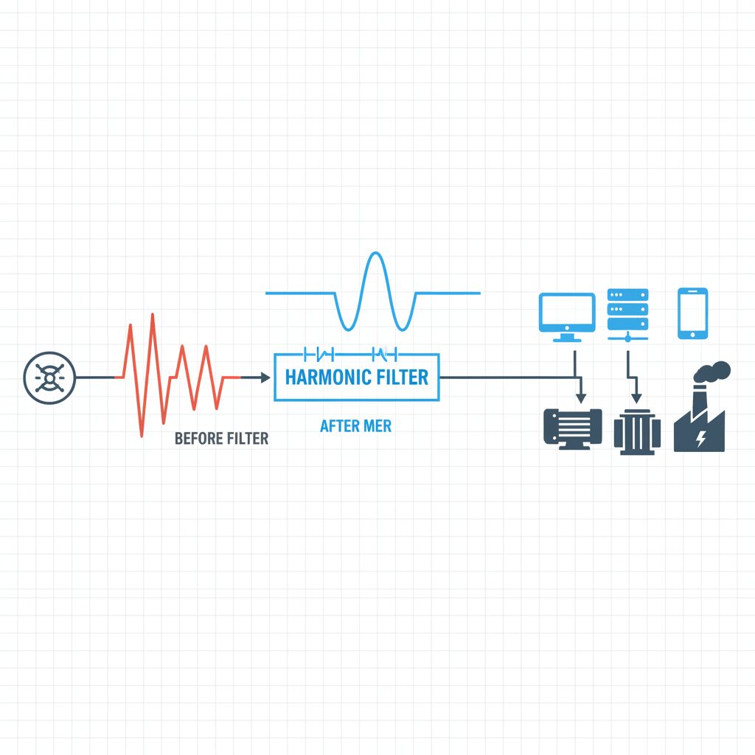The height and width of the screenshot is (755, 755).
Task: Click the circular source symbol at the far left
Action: coord(49,377)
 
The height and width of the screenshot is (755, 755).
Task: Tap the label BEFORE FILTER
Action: coord(221,438)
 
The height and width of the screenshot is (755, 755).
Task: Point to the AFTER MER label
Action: coord(356,425)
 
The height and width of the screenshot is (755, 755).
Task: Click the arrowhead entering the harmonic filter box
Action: coord(265,377)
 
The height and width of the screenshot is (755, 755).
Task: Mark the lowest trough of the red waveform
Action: coord(142,436)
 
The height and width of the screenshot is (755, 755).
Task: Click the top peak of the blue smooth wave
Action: coord(375,253)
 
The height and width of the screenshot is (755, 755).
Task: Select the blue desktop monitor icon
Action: coord(567,317)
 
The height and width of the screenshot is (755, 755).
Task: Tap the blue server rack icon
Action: coord(627,315)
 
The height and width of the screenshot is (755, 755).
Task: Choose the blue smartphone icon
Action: coord(692,313)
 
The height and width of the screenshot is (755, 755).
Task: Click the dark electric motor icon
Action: coord(572,428)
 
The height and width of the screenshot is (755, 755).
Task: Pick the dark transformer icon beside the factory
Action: coord(637,432)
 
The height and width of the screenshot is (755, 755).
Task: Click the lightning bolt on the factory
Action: coord(701,438)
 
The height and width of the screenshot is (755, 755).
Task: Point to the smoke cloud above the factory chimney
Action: coord(712,372)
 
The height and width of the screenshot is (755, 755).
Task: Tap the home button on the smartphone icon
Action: coord(692,335)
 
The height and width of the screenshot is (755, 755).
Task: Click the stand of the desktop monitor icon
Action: coord(567,337)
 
